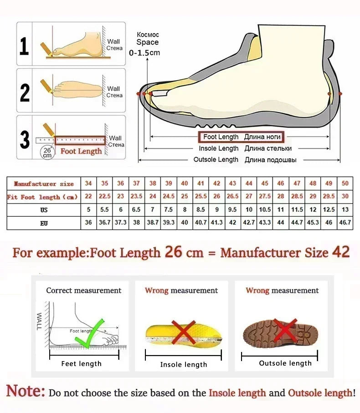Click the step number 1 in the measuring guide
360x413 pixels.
click(24, 46)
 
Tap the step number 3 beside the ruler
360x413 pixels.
click(25, 139)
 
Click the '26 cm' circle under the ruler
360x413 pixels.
click(47, 152)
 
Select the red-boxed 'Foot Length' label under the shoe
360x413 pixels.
click(241, 137)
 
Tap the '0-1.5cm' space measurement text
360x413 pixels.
click(144, 53)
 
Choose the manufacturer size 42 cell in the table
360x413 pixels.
click(217, 184)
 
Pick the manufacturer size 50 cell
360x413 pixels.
click(345, 184)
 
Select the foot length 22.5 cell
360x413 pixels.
click(105, 197)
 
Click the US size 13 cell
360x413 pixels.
click(345, 210)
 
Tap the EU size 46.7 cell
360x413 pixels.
click(345, 223)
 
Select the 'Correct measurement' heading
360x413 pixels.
click(84, 291)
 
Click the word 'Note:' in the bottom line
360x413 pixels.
click(26, 391)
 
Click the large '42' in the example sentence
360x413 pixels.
click(340, 252)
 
